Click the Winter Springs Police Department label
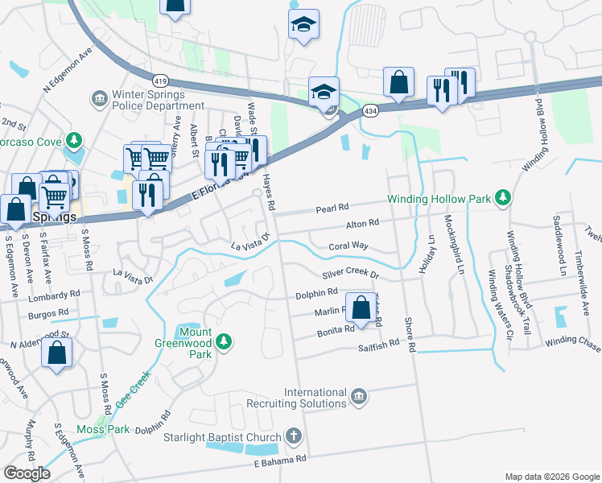point(148,100)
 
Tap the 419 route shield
point(159,81)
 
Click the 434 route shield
point(369,109)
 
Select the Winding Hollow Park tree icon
point(503,198)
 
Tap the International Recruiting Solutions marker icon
point(359,396)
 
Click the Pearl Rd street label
point(331,208)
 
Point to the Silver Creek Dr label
point(350,275)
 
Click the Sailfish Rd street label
point(379,344)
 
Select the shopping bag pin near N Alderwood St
point(56,353)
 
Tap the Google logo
point(27,473)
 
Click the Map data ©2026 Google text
point(552,477)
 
